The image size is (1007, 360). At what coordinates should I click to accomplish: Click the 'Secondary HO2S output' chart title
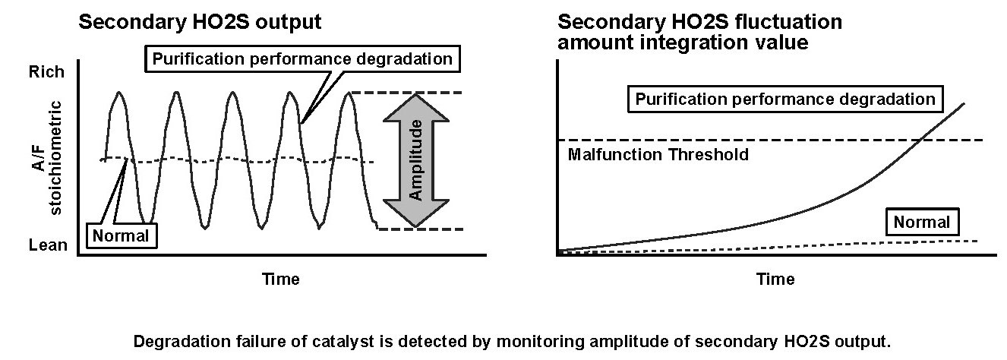tap(200, 22)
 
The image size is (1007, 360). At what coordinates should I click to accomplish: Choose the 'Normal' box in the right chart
tap(922, 223)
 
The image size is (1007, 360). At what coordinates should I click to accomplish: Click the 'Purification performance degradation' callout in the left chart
tap(302, 58)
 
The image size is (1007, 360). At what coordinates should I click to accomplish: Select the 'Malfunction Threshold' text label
tap(658, 155)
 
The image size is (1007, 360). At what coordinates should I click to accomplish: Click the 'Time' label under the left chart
tap(281, 279)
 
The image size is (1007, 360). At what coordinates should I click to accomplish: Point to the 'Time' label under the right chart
tap(775, 279)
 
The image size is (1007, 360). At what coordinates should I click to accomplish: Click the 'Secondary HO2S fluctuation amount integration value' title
tap(699, 32)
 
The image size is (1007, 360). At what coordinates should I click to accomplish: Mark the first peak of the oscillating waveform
tap(119, 93)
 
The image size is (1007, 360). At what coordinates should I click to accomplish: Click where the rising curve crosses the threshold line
tap(921, 140)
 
